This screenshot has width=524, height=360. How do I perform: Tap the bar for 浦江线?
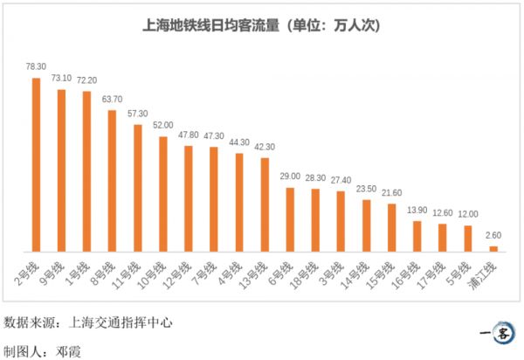coord(493,248)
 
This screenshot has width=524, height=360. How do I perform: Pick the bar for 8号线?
coord(112,180)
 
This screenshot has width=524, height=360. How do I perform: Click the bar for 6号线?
coord(290,218)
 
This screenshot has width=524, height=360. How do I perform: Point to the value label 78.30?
coord(36,66)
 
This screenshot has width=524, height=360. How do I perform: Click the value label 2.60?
coord(493,236)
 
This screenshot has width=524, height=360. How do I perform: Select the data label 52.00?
coord(162,125)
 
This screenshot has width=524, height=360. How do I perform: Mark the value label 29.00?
coord(290,176)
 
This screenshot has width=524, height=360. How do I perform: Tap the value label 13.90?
coord(417,211)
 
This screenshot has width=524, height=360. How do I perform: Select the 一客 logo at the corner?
coord(499,333)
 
